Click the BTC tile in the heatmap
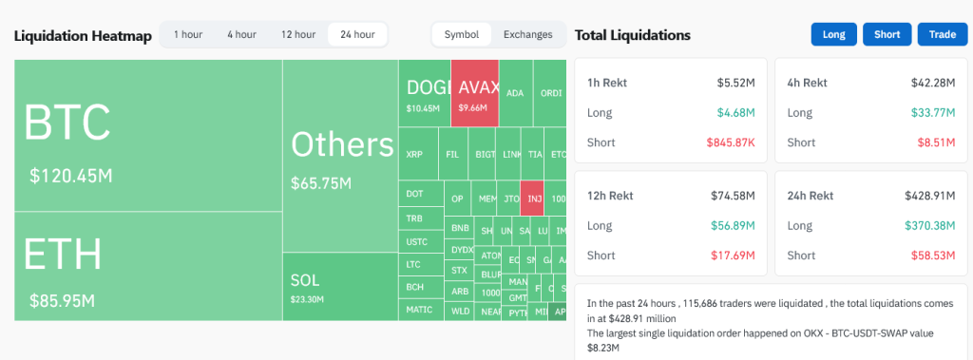[147, 135]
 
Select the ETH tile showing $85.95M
[147, 266]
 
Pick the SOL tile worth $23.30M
[339, 287]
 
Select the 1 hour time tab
[187, 34]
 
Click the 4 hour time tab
[241, 34]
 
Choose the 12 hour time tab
[297, 34]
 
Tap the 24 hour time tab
[357, 34]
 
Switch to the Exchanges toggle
[527, 34]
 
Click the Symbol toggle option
[462, 34]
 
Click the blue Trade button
[942, 34]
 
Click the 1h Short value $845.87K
[731, 142]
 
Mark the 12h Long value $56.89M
[734, 226]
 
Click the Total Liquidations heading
[632, 35]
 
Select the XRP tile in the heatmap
[414, 154]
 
